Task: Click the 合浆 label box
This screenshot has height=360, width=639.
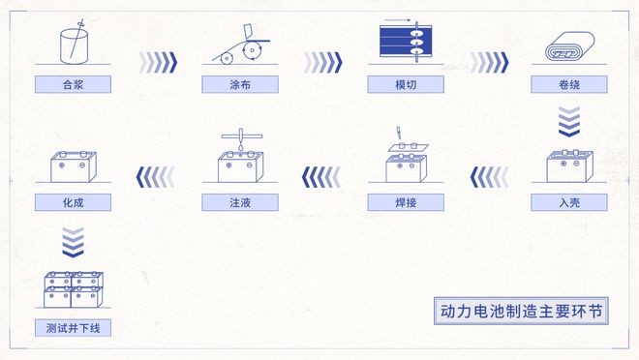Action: coord(73,84)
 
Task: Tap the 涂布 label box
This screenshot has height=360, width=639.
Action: coord(240,84)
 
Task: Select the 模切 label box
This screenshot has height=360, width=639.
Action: coord(406,84)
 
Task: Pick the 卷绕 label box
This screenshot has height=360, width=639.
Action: coord(569,84)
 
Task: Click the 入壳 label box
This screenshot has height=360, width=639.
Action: coord(569,202)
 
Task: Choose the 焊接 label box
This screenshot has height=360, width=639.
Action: coord(406,202)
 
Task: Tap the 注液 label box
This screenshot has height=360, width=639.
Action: coord(240,202)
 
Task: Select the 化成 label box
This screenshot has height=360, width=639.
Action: coord(73,202)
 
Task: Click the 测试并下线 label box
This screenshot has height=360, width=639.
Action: coord(73,328)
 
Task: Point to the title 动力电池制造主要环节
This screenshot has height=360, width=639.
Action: coord(521,312)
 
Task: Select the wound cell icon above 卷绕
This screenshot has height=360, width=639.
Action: coord(569,46)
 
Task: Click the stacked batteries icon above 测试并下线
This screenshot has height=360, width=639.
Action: coord(74,289)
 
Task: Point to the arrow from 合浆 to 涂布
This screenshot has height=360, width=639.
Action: coord(158,62)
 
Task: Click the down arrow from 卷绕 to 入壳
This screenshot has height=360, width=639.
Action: coord(569,122)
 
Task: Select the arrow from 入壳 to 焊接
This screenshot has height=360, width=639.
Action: coord(490,177)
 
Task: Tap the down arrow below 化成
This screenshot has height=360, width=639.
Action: coord(73,242)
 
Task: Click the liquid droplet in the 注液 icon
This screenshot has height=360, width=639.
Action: coord(241,146)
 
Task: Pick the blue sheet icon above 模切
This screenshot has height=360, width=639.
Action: coord(406,41)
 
